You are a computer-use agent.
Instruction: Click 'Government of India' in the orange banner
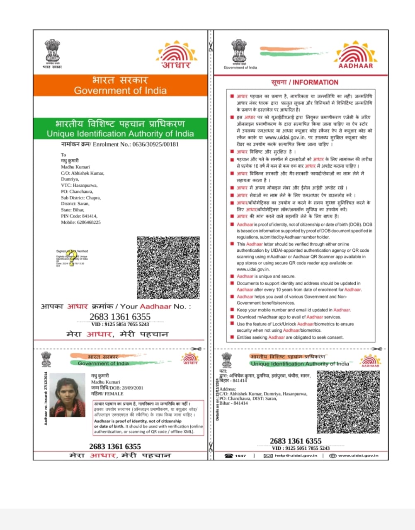(x=120, y=90)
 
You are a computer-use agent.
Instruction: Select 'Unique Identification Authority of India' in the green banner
(x=120, y=134)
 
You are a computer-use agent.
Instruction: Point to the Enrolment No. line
(x=120, y=145)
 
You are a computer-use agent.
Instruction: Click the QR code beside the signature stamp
(x=168, y=267)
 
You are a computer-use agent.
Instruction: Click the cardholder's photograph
(x=67, y=395)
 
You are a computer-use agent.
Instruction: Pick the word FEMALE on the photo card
(x=114, y=394)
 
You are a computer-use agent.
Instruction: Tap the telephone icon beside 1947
(x=229, y=455)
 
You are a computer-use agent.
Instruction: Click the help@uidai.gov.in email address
(x=296, y=455)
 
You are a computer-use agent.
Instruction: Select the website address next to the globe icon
(x=358, y=455)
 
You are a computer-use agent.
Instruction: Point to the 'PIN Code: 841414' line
(x=79, y=216)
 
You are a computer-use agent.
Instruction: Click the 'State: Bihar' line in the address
(x=73, y=210)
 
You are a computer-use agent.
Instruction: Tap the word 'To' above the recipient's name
(x=63, y=155)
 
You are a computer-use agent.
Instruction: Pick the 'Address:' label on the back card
(x=228, y=389)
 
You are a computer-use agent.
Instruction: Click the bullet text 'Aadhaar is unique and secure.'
(x=266, y=276)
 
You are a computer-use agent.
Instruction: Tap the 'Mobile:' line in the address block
(x=81, y=222)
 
